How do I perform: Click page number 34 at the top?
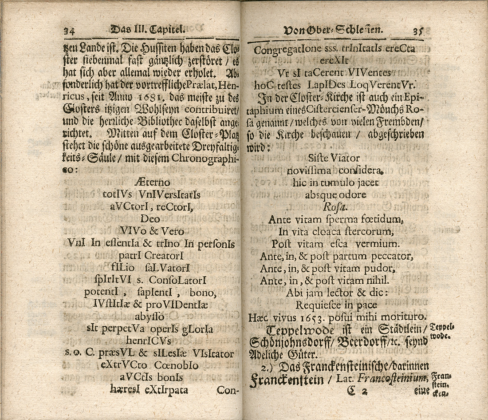(68, 31)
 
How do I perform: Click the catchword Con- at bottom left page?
(228, 390)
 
